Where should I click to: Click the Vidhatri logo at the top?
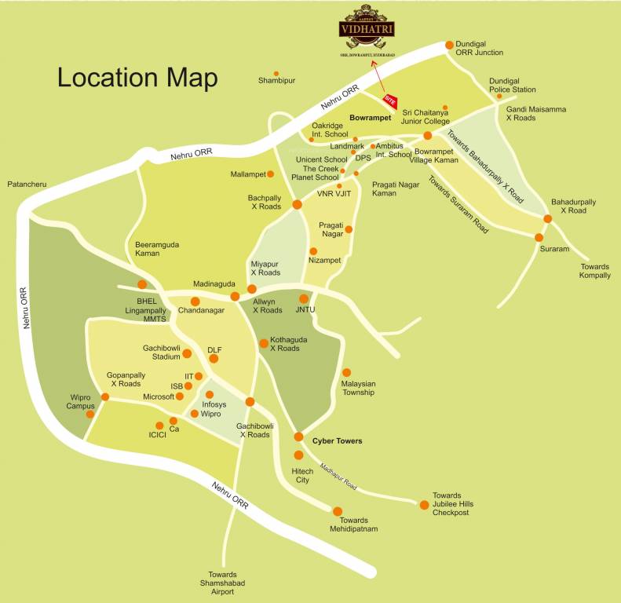pos(367,30)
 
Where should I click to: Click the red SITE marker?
pos(390,100)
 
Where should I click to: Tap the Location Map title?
pos(137,78)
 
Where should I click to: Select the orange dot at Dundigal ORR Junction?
pos(449,45)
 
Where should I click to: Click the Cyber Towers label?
pos(337,441)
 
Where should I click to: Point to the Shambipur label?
pos(276,80)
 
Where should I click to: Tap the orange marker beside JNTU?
pos(304,298)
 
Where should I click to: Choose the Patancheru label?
pos(27,184)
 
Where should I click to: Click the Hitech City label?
pos(302,475)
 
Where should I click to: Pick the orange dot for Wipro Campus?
pos(90,413)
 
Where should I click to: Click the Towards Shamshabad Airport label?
pos(228,583)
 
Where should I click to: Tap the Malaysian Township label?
pos(358,388)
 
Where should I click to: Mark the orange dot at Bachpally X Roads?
pos(297,204)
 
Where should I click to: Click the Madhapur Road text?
pos(338,477)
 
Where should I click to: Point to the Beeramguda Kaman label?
pos(157,249)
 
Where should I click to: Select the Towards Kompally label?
pos(594,271)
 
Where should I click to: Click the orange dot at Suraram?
pos(539,237)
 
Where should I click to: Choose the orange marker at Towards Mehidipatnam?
pos(338,511)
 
